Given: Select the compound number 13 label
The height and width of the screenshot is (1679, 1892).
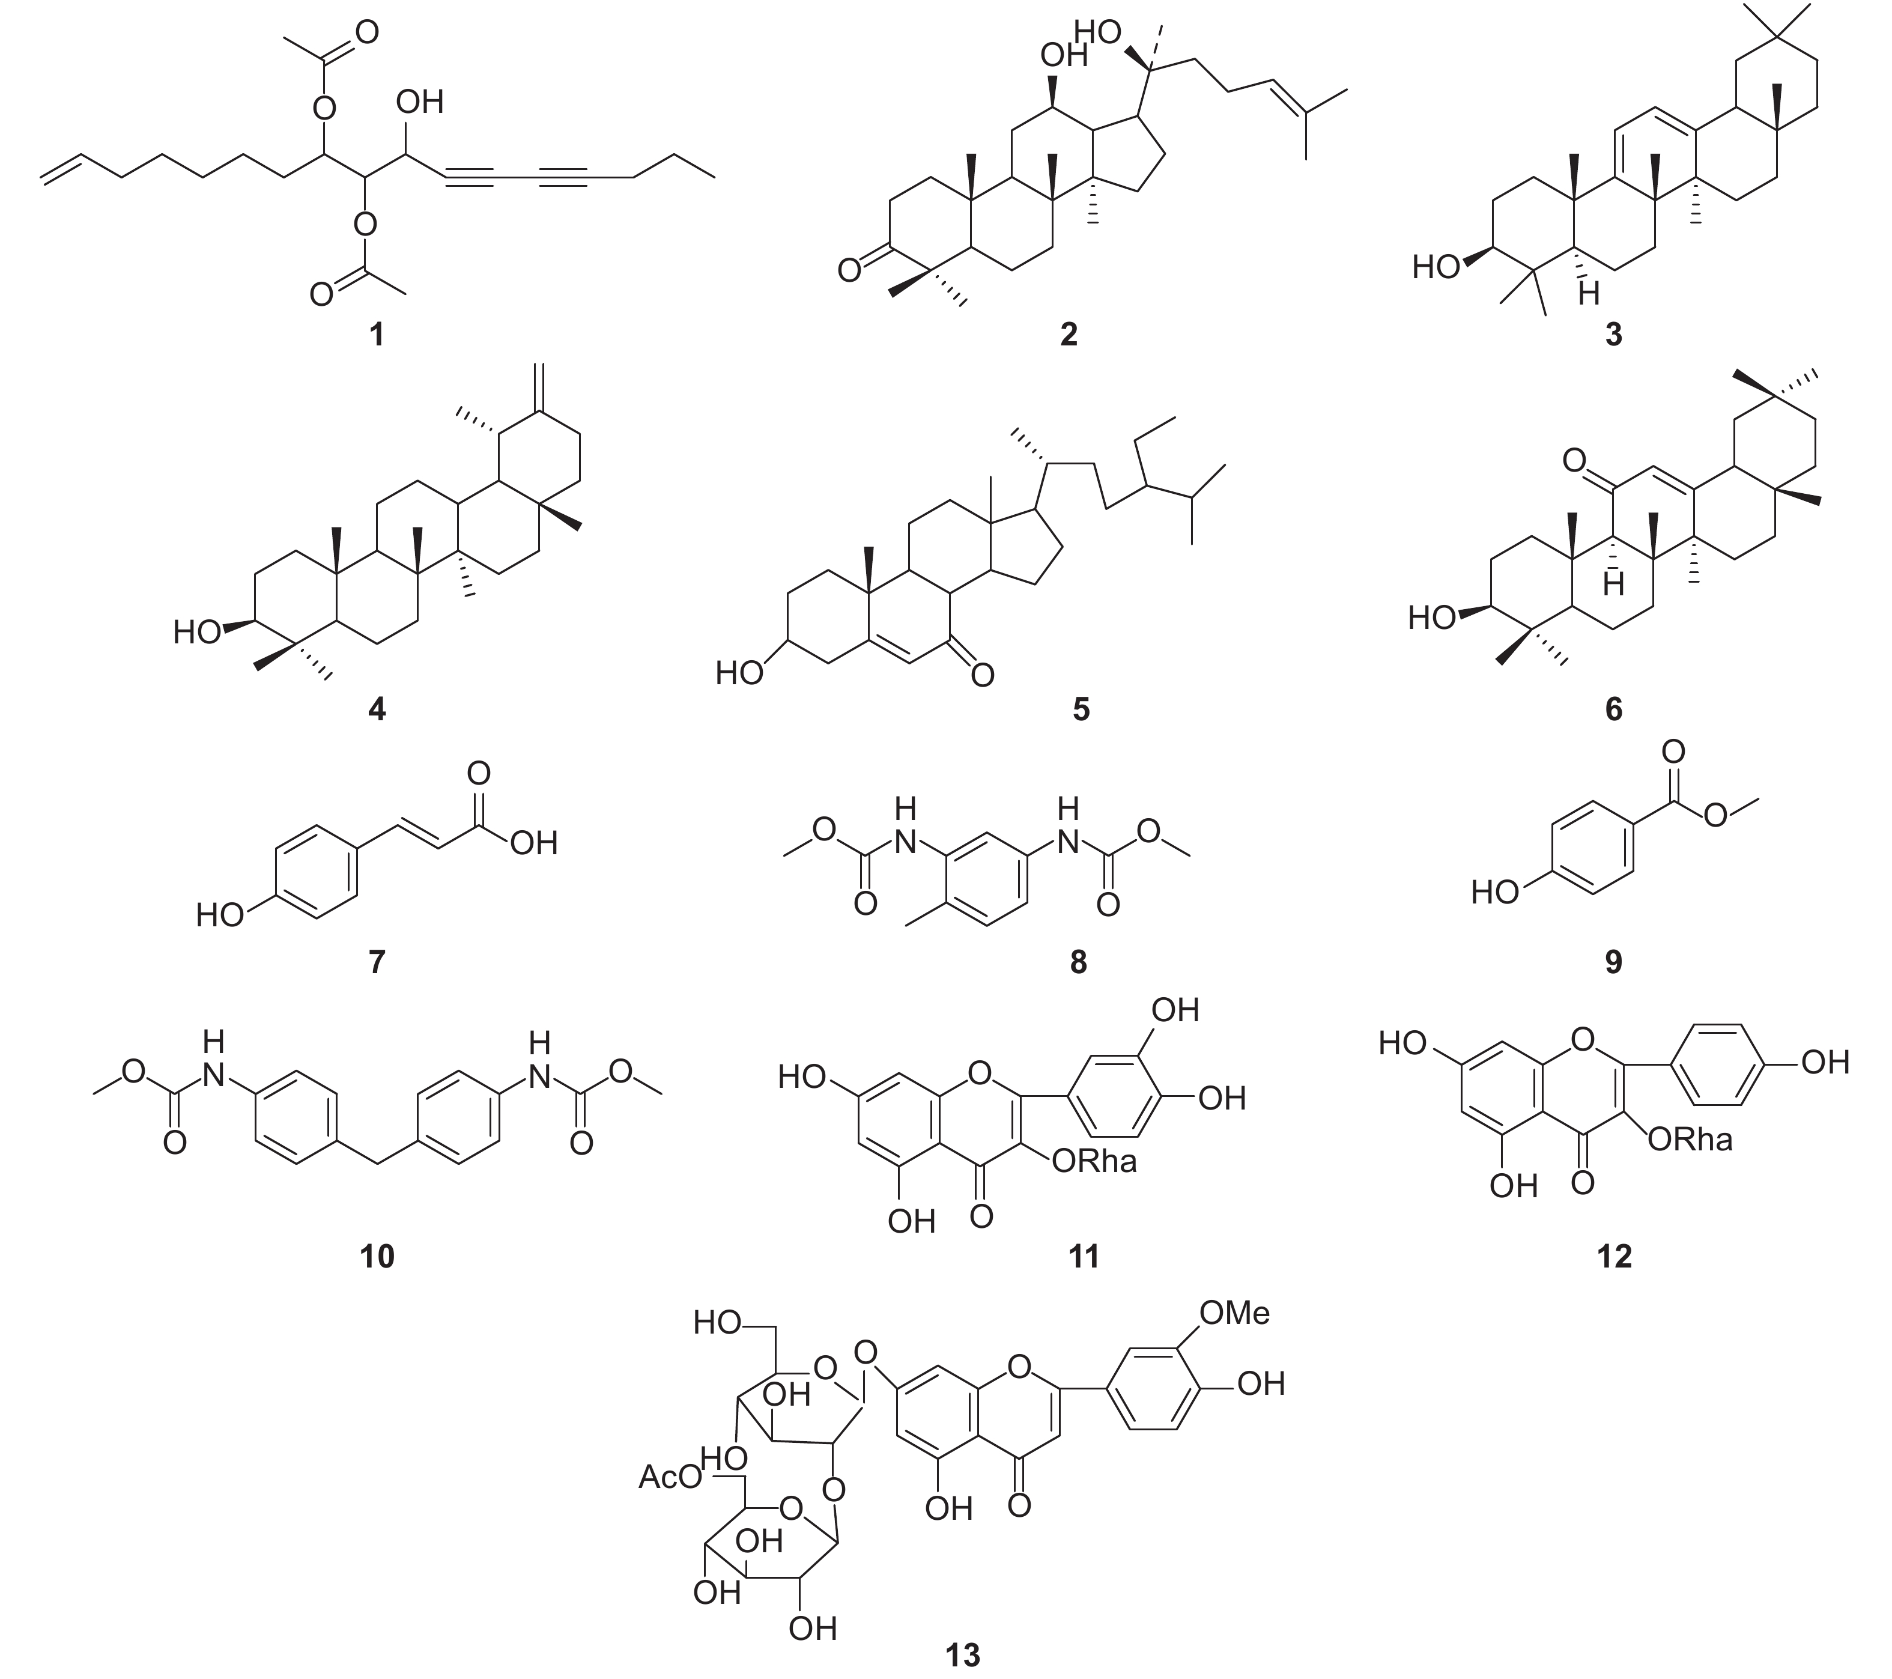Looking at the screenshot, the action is pos(963,1653).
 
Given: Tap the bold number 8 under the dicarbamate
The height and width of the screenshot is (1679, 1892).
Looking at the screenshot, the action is pos(1078,962).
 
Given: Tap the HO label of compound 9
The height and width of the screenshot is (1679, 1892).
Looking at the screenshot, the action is pos(1496,892).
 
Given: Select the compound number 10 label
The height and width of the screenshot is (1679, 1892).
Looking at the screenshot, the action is pos(377,1256).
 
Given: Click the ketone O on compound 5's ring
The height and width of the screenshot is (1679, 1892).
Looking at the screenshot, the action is pos(982,675).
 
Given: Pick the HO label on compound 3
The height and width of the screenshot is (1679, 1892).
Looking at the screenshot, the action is pos(1436,267).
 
